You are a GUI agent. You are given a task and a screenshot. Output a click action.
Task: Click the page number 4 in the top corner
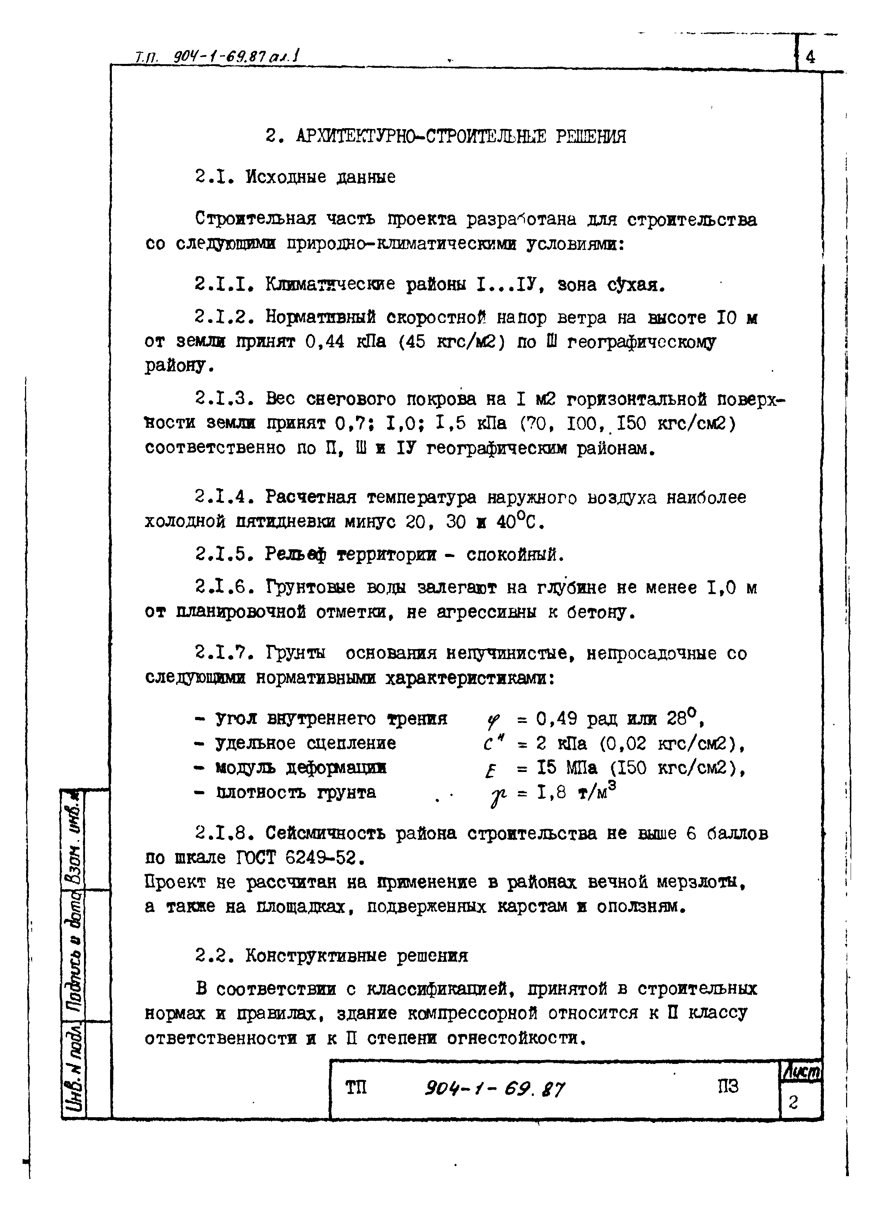(x=810, y=56)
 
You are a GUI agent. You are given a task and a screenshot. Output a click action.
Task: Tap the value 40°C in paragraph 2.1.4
(x=520, y=522)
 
